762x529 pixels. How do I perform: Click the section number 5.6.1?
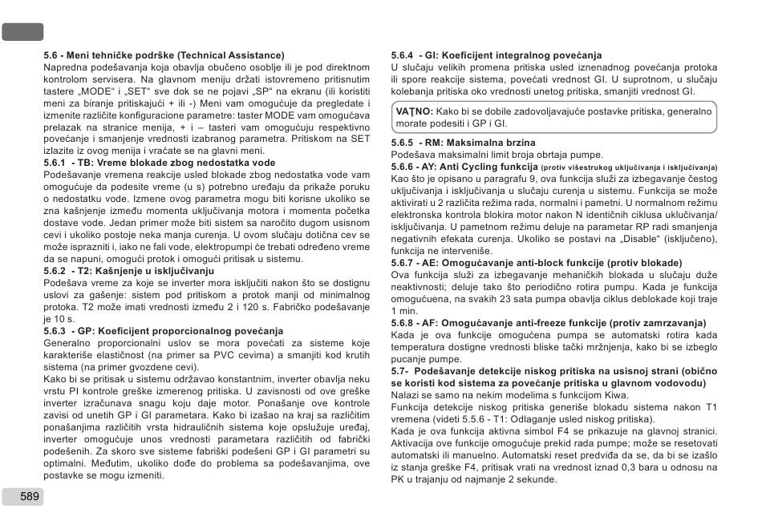(x=55, y=163)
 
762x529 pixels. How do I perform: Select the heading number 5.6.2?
(x=55, y=271)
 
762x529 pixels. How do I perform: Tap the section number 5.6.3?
(x=55, y=331)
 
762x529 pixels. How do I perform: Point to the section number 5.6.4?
(x=402, y=55)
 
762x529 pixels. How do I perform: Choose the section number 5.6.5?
(x=402, y=142)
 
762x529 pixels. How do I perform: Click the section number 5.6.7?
(x=402, y=263)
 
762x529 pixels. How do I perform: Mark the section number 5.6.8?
(x=402, y=323)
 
